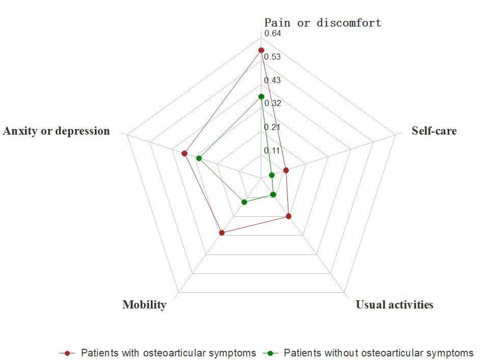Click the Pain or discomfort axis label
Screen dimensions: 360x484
[322, 22]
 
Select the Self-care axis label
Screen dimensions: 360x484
[434, 131]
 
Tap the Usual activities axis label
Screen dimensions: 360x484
[394, 305]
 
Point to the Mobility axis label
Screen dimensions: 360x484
[144, 305]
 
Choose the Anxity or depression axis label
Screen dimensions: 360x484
[56, 131]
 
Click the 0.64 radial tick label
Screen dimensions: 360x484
[272, 34]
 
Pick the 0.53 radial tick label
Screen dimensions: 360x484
[272, 57]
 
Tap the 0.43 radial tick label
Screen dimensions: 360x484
[272, 80]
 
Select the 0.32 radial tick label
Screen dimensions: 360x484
[272, 104]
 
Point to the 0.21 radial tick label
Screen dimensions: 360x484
[272, 127]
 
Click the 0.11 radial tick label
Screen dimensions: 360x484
[272, 150]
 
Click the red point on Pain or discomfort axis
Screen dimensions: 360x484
[261, 50]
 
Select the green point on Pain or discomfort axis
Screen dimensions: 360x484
[261, 96]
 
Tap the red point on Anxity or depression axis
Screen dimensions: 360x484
[184, 153]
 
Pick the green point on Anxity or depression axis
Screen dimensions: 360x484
[199, 158]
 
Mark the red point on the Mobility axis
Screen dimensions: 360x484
[222, 233]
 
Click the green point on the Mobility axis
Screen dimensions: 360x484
[245, 202]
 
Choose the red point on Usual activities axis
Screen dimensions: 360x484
[288, 216]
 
